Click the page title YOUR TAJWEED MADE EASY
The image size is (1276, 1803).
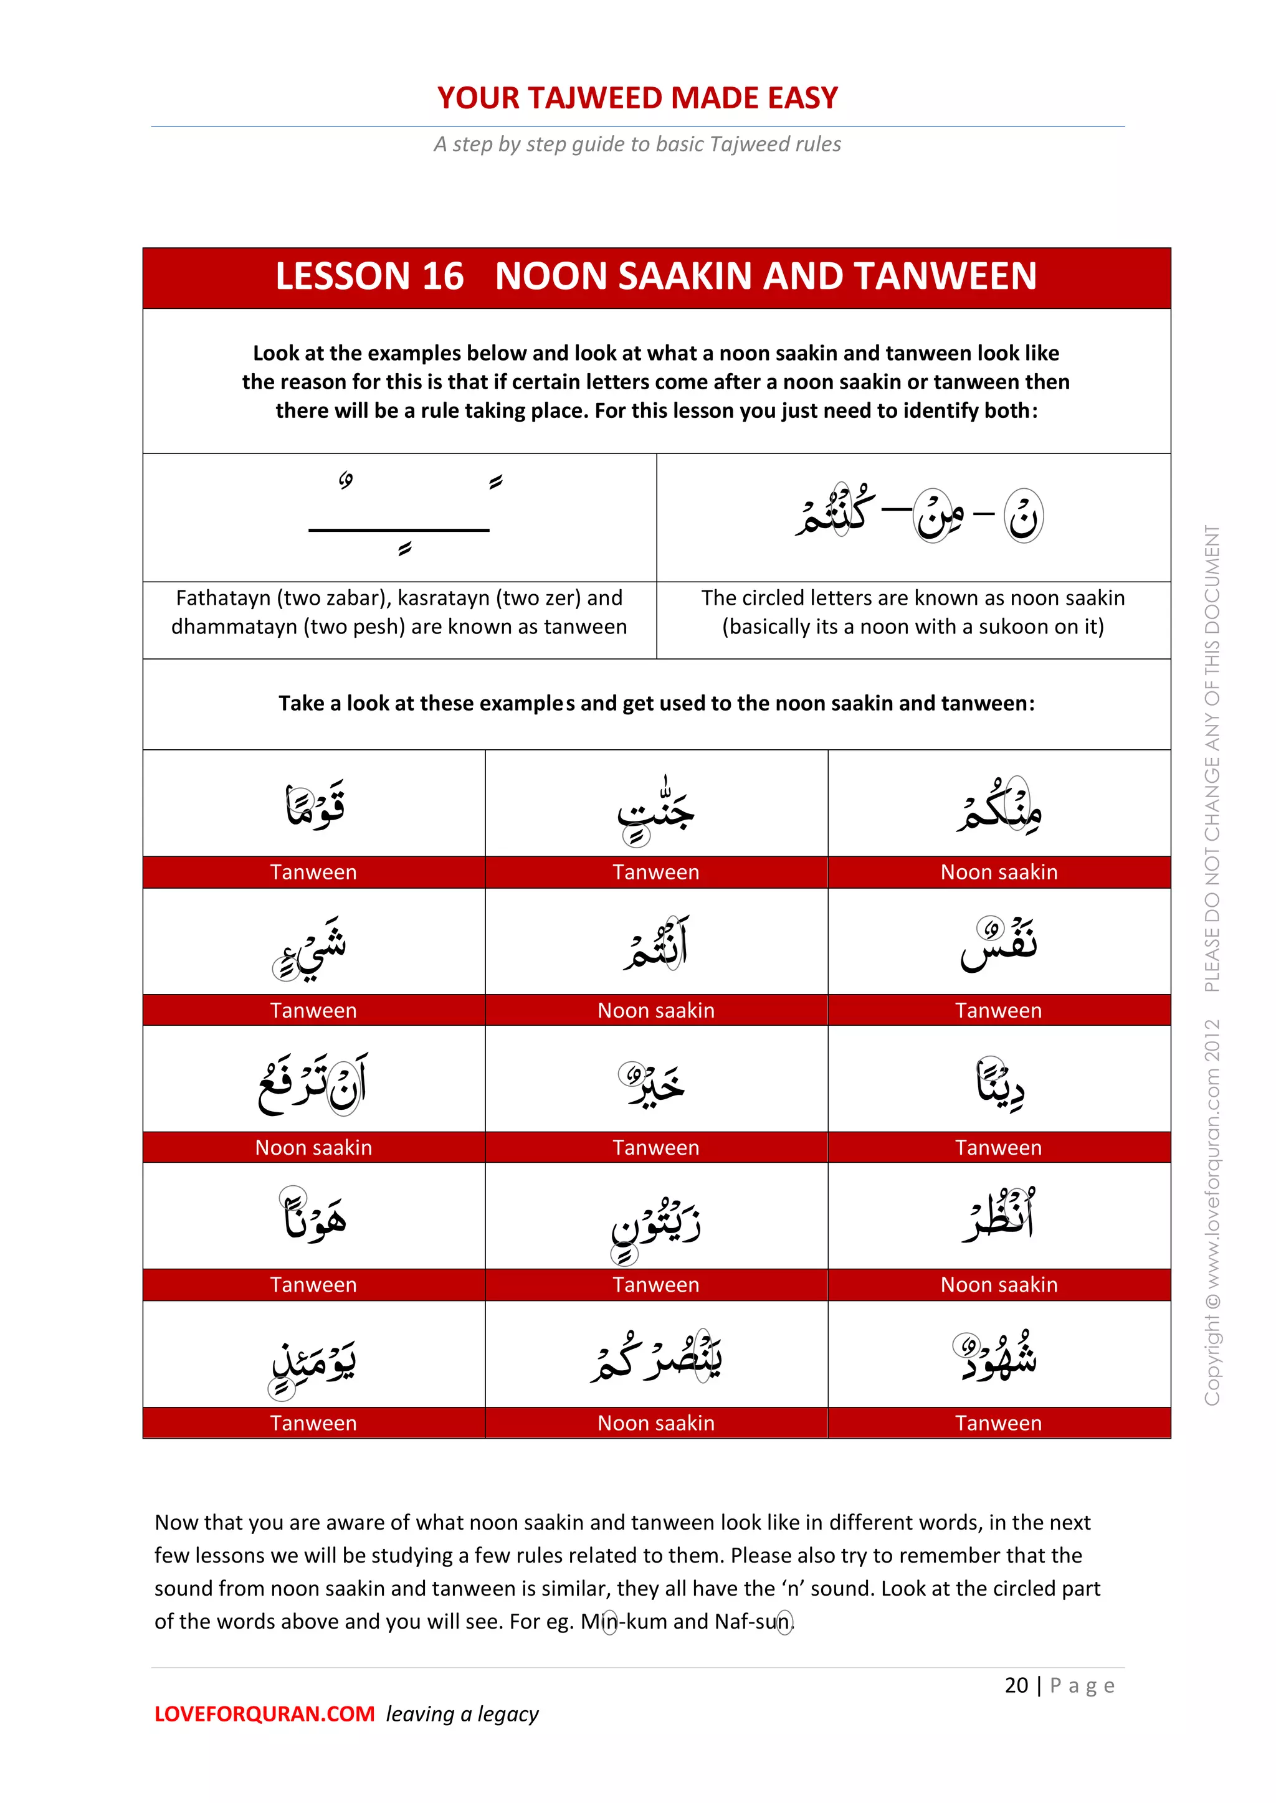point(637,98)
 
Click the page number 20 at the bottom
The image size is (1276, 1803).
point(1016,1685)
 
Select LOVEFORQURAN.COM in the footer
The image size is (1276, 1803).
point(264,1715)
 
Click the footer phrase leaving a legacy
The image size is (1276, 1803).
point(462,1715)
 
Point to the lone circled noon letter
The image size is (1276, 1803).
point(1024,516)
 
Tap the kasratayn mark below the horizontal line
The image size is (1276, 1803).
point(404,549)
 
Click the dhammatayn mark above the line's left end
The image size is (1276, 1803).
point(346,479)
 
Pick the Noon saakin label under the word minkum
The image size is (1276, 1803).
point(999,873)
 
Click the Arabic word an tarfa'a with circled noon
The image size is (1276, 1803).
point(313,1084)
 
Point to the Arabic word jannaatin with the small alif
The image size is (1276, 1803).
point(656,809)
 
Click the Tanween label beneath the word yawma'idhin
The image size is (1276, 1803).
point(313,1423)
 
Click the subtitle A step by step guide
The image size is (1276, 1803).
point(637,144)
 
